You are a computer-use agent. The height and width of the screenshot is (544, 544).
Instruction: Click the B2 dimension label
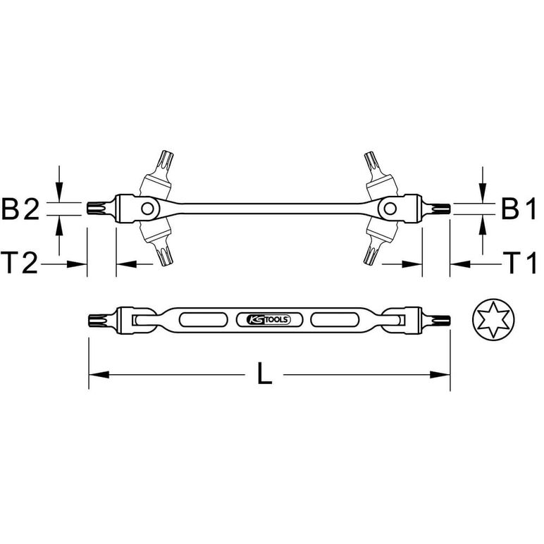21,209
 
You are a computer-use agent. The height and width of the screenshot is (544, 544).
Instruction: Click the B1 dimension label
519,209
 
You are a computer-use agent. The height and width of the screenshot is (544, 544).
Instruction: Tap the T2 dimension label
19,263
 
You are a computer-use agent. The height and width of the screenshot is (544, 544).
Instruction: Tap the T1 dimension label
519,263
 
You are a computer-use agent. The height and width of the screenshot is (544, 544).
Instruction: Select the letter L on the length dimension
264,373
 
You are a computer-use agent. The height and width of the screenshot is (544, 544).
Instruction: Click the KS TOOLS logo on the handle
269,319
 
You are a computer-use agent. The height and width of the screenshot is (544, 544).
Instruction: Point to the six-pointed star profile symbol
493,319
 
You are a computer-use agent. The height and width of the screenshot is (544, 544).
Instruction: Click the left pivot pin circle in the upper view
147,209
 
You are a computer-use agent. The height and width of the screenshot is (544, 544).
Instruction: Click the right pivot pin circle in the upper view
390,209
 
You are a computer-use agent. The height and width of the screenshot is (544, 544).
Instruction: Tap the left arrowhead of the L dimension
99,375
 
